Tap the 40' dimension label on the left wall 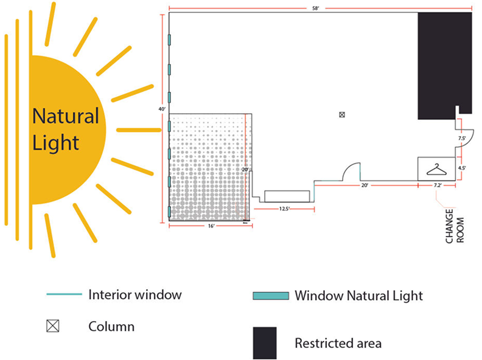coord(162,109)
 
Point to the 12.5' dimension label coord(283,209)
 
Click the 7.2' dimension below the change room coord(438,185)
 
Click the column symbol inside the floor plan coord(342,114)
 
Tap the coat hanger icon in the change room coord(436,169)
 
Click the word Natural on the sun coord(65,116)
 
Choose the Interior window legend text coord(134,295)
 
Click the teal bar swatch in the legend coord(270,296)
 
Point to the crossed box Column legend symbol coord(53,327)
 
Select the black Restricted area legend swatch coord(265,343)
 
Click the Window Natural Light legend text coord(358,296)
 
